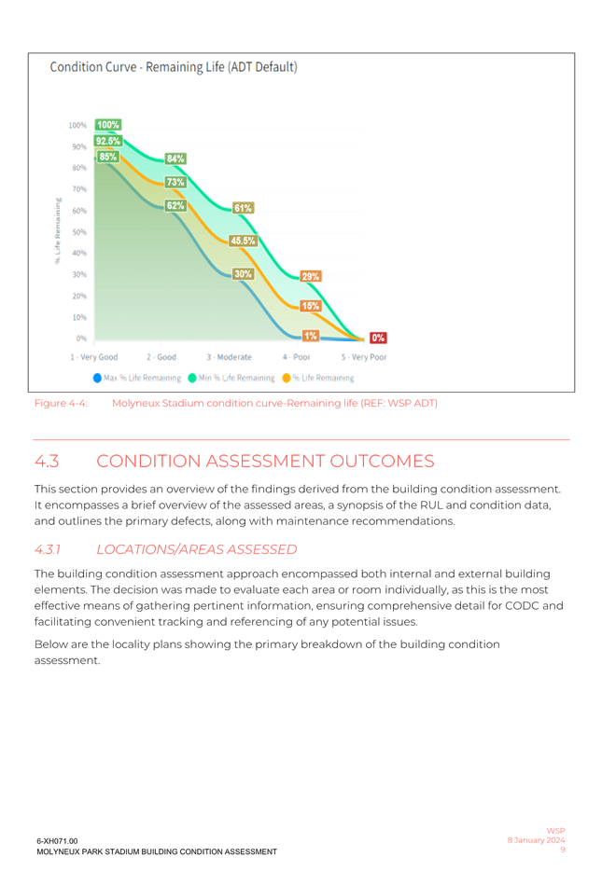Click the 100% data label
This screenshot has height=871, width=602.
(x=108, y=125)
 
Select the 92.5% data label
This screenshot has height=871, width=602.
(x=108, y=141)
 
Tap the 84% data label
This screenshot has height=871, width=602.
(x=175, y=159)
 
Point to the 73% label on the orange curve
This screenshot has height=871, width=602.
(x=175, y=182)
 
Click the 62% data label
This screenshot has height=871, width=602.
(x=175, y=204)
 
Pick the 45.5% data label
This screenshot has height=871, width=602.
(x=244, y=241)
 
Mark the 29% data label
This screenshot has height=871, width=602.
(x=311, y=276)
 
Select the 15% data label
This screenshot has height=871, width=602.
(x=311, y=305)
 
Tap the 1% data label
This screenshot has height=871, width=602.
(x=311, y=335)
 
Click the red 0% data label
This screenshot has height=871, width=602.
(x=379, y=338)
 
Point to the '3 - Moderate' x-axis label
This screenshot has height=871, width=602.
(x=230, y=357)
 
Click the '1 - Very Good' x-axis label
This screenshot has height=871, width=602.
(x=94, y=357)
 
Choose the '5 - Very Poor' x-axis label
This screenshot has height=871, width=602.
(x=364, y=357)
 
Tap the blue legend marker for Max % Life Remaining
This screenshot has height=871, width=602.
(x=97, y=378)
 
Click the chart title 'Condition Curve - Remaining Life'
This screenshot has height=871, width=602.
(x=174, y=67)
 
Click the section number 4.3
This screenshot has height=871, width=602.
(x=47, y=462)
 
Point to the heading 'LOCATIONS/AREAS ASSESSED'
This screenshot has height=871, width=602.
(x=197, y=549)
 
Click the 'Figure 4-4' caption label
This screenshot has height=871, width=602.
(x=61, y=404)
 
